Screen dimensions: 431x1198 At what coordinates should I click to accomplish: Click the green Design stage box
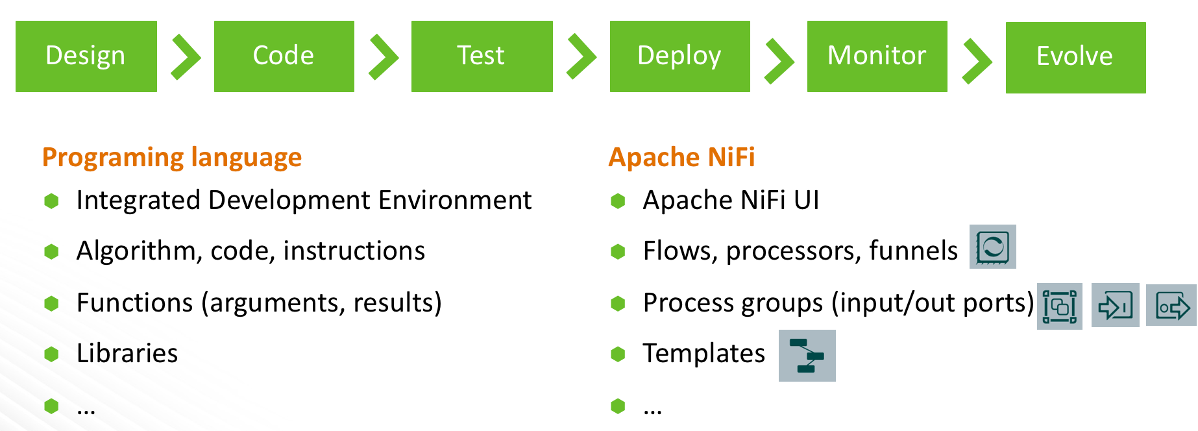(86, 56)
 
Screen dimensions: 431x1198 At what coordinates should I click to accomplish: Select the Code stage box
(284, 56)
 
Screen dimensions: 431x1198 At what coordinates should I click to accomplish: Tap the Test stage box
(482, 56)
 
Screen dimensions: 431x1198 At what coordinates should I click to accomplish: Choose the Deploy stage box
(679, 56)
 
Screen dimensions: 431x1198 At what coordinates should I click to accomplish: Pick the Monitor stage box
(877, 56)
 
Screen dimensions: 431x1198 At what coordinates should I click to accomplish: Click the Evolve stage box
(1075, 58)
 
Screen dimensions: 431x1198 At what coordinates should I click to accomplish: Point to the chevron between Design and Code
(186, 58)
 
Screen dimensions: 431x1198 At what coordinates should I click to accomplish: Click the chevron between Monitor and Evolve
(977, 61)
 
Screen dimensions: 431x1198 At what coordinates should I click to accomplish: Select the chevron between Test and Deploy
(581, 58)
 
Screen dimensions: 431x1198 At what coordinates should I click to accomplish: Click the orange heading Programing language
(172, 158)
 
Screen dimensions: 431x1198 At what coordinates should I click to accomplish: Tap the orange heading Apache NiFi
(681, 158)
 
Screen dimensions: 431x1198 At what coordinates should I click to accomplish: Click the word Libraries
(127, 354)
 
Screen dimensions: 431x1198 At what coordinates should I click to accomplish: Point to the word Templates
(704, 354)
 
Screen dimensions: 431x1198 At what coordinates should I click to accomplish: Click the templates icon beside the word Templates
(807, 356)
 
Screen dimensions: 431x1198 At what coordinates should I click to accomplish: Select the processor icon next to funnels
(992, 247)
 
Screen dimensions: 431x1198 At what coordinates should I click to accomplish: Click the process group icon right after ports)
(1059, 306)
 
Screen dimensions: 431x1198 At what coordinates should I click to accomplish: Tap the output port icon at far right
(1171, 306)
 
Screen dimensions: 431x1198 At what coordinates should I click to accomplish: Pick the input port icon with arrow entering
(1115, 306)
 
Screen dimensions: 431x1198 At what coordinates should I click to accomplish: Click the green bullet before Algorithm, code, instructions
(52, 252)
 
